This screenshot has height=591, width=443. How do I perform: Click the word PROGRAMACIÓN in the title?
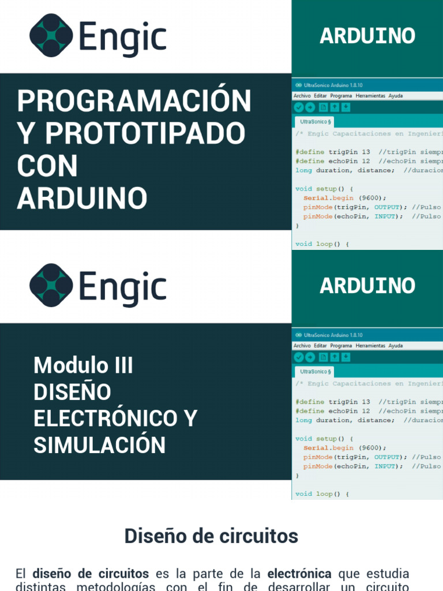coord(134,102)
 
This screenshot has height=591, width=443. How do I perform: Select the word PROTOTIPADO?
coord(145,134)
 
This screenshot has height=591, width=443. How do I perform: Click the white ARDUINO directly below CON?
coord(82,199)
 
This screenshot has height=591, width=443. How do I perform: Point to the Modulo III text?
coord(83,365)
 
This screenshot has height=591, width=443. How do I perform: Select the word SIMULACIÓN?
coord(99,445)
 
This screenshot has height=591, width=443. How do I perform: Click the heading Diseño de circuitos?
coord(211,536)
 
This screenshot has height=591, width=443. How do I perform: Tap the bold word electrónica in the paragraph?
coord(299,574)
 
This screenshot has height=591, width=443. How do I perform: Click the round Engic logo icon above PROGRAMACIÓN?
coord(51,36)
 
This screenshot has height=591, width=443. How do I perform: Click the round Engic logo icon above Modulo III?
coord(51,286)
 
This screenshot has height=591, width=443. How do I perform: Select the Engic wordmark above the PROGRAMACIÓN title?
coord(123,38)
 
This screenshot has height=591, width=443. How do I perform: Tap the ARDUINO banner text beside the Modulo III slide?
coord(367,286)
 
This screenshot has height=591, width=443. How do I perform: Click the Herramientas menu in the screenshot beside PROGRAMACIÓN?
coord(370,96)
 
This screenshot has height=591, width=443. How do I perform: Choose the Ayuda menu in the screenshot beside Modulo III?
coord(396,346)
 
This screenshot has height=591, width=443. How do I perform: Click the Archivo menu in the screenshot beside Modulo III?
coord(302,346)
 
